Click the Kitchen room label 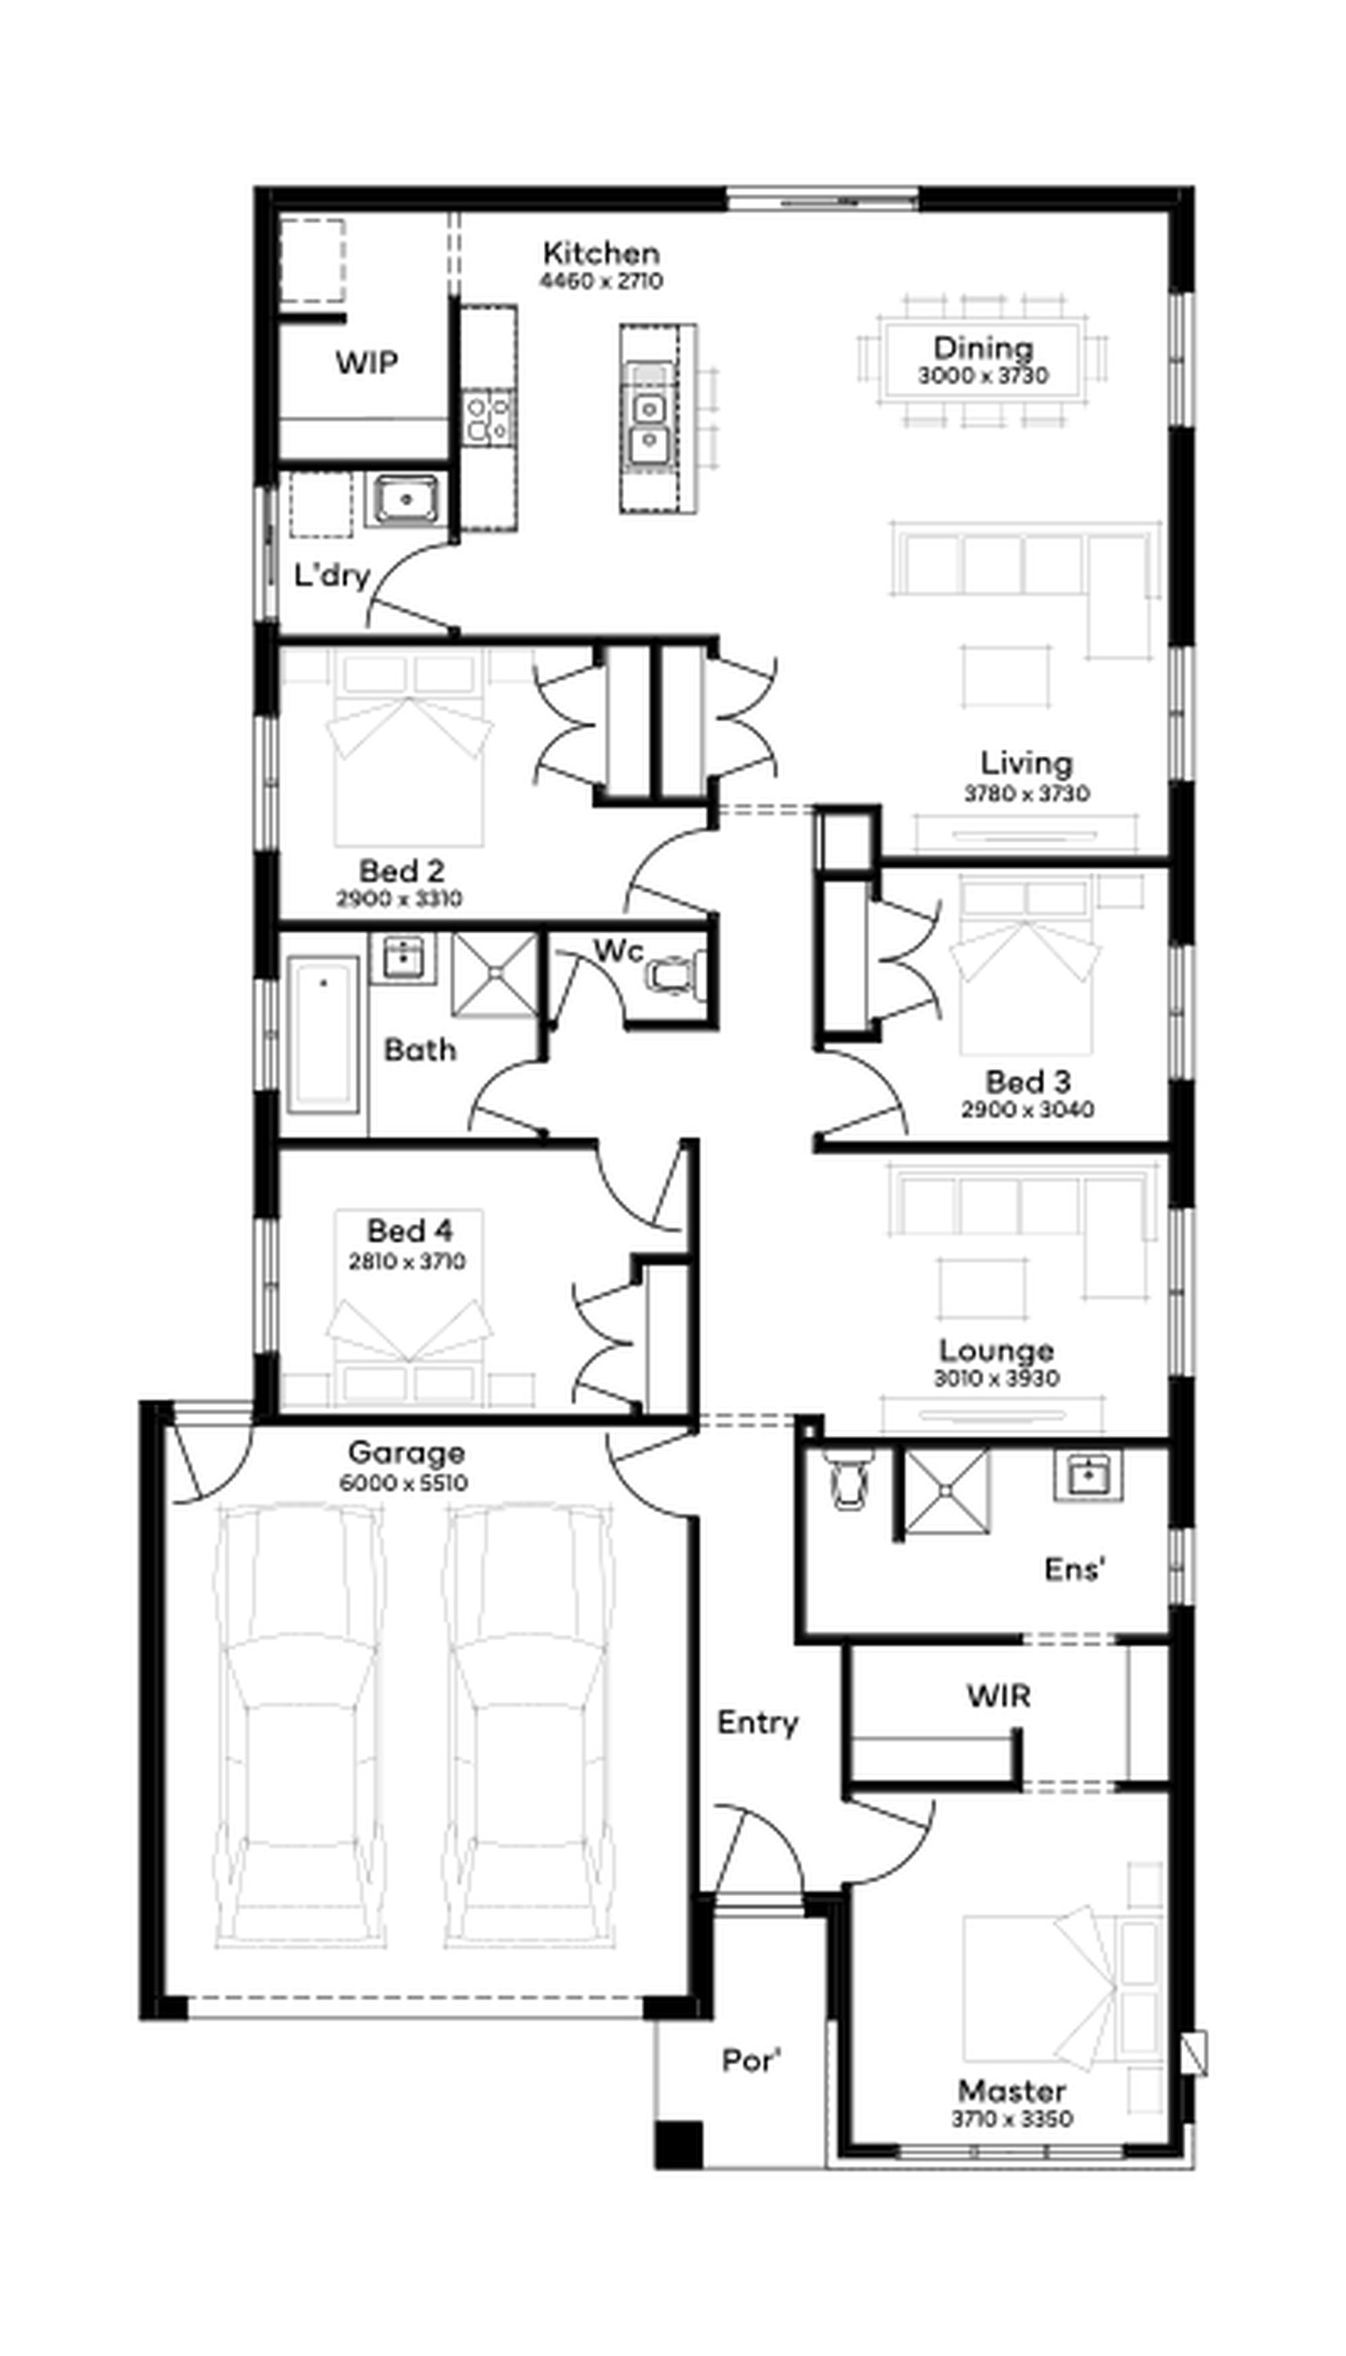(601, 252)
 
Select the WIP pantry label (367, 362)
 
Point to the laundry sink (406, 499)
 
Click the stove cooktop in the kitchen (487, 417)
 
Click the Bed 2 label (401, 870)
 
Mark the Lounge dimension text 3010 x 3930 (997, 1378)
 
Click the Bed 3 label (1027, 1082)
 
